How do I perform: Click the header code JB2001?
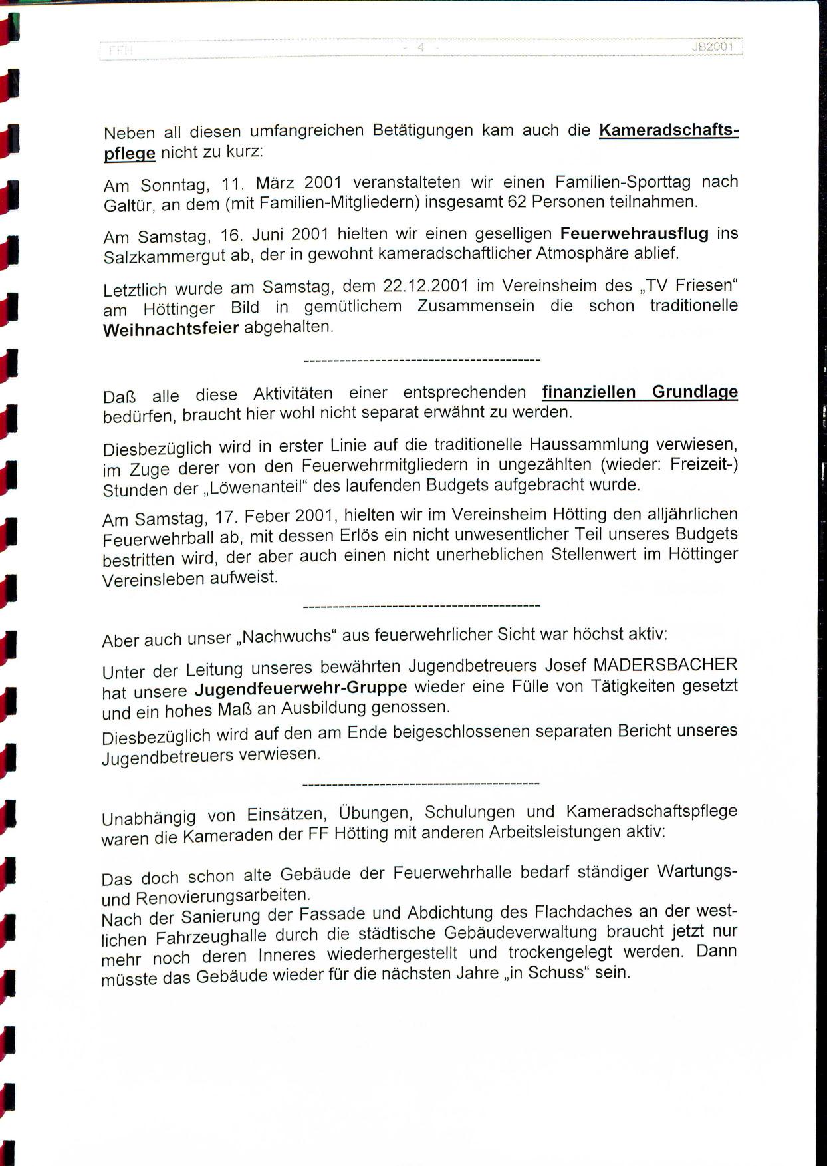tap(711, 47)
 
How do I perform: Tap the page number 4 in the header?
tap(420, 47)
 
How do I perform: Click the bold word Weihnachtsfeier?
tap(171, 329)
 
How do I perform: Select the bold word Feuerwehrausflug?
tap(634, 233)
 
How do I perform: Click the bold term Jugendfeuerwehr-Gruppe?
tap(300, 688)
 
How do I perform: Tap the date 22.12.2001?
tap(425, 286)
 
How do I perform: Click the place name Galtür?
tap(128, 206)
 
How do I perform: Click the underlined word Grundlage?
tap(695, 391)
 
